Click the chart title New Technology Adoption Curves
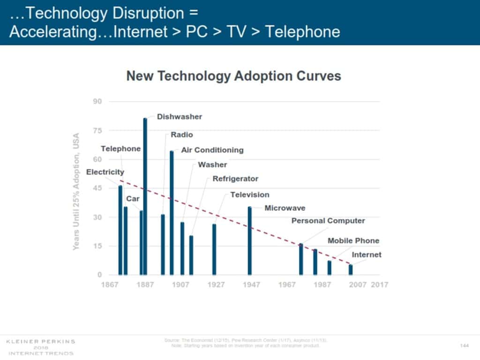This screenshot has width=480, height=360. tap(233, 76)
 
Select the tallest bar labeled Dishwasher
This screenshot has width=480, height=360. tap(145, 197)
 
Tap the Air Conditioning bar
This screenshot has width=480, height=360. tap(172, 213)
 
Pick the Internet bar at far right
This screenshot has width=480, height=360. tap(350, 270)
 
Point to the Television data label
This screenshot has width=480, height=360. tap(249, 195)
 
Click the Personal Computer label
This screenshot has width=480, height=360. tap(328, 221)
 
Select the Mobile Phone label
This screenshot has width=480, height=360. tap(353, 240)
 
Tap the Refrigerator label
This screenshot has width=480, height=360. tap(235, 179)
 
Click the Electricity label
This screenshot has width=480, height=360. tap(105, 172)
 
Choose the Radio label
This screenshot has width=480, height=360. tap(181, 135)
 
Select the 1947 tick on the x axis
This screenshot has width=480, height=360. tap(252, 285)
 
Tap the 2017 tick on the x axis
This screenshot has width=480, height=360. tap(379, 285)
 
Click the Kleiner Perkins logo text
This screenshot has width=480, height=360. tap(40, 341)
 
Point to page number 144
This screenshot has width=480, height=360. tap(465, 345)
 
